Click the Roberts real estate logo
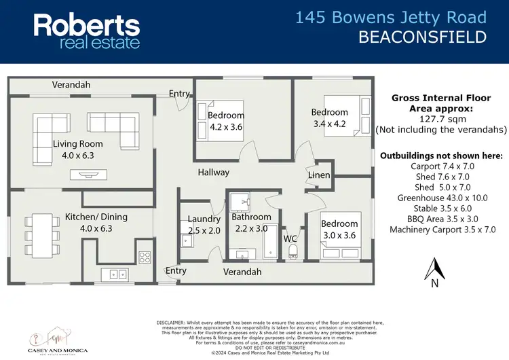(87, 31)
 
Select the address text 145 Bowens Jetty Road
(391, 18)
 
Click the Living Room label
(78, 144)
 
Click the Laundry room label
(204, 219)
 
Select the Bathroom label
(251, 217)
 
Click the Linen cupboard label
(319, 175)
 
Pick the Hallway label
(214, 173)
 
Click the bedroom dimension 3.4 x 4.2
(329, 124)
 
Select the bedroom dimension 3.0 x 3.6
(339, 236)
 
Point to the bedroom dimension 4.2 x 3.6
(225, 127)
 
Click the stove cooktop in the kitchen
(145, 257)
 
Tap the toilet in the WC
(293, 253)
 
